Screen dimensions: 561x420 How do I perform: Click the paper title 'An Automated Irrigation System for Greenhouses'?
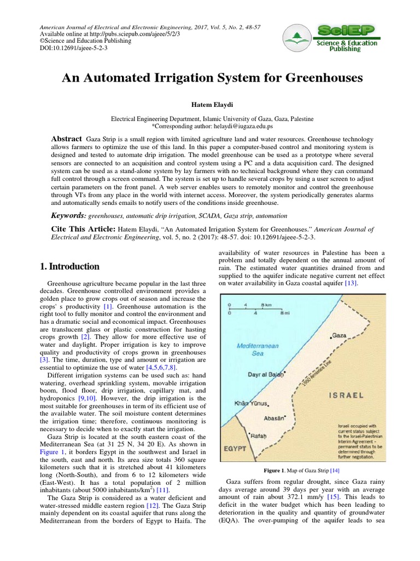pyautogui.click(x=212, y=78)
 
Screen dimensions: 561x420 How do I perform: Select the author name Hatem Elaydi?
pyautogui.click(x=212, y=105)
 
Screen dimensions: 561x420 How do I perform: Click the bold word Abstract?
pyautogui.click(x=67, y=139)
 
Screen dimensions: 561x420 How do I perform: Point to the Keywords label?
pyautogui.click(x=69, y=216)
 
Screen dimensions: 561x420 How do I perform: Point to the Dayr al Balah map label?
pyautogui.click(x=267, y=375)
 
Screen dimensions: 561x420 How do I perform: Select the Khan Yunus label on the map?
pyautogui.click(x=251, y=403)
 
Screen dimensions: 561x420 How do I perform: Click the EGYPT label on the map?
pyautogui.click(x=236, y=448)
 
